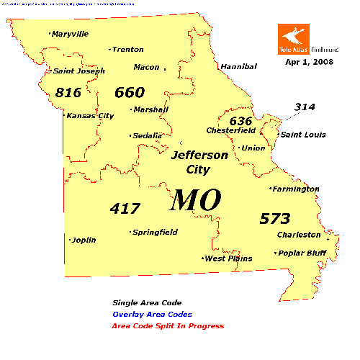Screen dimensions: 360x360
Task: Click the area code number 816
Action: pyautogui.click(x=68, y=92)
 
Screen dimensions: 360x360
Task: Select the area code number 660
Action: pyautogui.click(x=130, y=92)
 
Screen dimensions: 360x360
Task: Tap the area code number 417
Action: pyautogui.click(x=125, y=208)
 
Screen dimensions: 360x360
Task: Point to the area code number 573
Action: pyautogui.click(x=276, y=218)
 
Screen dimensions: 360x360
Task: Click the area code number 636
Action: pyautogui.click(x=241, y=120)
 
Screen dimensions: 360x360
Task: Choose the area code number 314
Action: pyautogui.click(x=305, y=107)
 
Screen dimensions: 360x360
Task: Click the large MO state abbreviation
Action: pyautogui.click(x=194, y=199)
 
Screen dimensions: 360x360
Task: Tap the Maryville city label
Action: pyautogui.click(x=70, y=34)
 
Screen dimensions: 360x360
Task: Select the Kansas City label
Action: pyautogui.click(x=90, y=115)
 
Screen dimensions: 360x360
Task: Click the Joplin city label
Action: pyautogui.click(x=84, y=240)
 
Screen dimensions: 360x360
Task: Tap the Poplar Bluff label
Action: pyautogui.click(x=302, y=253)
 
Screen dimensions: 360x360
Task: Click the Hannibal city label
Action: pyautogui.click(x=239, y=66)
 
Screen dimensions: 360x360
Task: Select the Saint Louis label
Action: pyautogui.click(x=302, y=135)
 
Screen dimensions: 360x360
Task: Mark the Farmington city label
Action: pyautogui.click(x=295, y=189)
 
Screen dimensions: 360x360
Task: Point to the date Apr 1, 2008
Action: pyautogui.click(x=307, y=63)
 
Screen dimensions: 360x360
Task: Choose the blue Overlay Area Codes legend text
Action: pyautogui.click(x=152, y=315)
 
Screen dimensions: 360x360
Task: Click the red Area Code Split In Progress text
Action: pyautogui.click(x=168, y=326)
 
